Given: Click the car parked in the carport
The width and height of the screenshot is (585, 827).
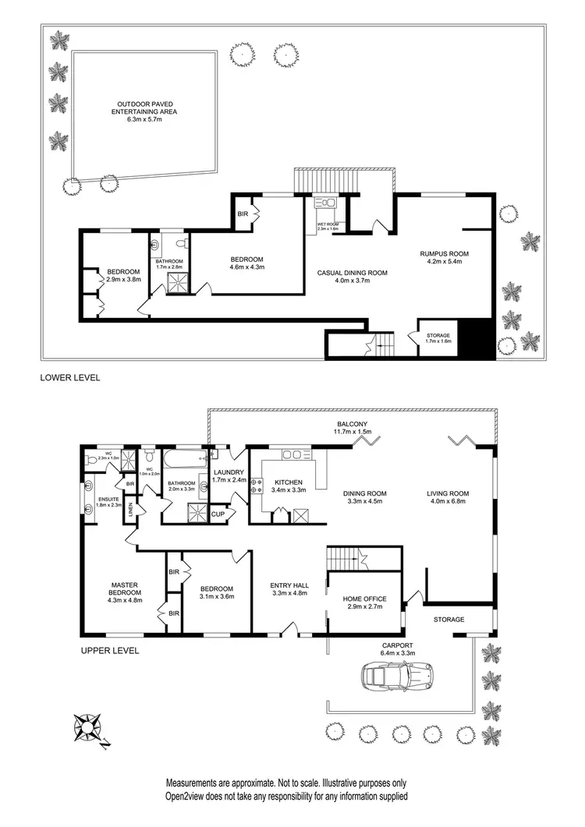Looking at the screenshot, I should [x=396, y=675].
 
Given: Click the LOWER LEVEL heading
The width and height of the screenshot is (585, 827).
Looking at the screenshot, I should [x=70, y=377].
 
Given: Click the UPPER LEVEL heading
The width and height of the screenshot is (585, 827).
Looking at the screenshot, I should [x=110, y=650].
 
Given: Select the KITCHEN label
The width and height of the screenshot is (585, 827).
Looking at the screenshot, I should [x=286, y=482].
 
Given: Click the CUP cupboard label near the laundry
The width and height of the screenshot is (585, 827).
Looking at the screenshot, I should [x=218, y=514].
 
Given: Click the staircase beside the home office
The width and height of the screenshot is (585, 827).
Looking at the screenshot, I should [x=346, y=557].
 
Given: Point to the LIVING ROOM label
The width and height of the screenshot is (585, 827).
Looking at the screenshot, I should [x=447, y=493].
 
